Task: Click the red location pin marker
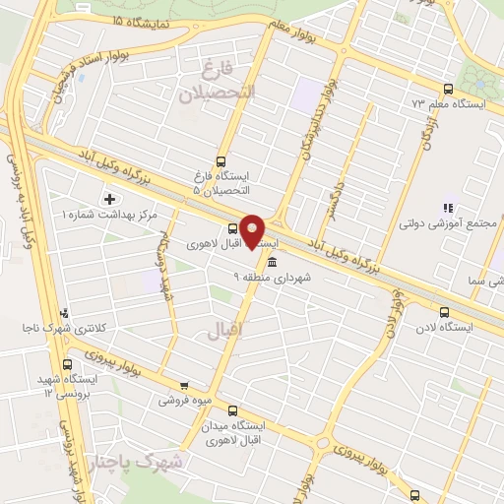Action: [253, 230]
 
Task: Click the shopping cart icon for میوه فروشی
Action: [184, 386]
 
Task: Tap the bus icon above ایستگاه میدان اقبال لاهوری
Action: [232, 409]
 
